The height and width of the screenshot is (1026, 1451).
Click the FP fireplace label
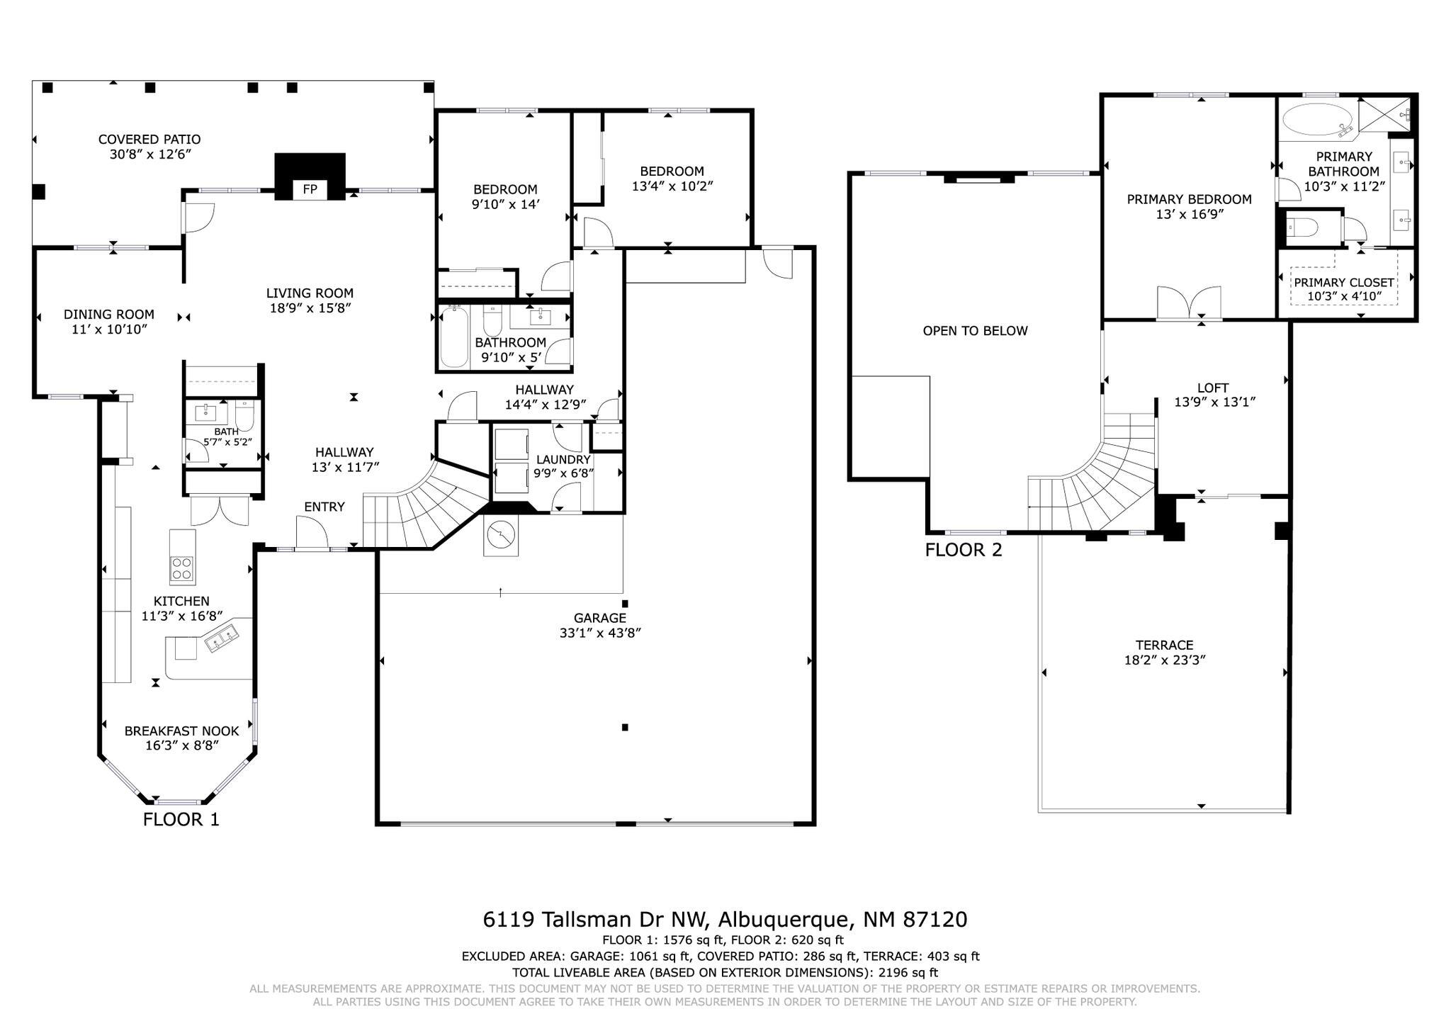point(310,189)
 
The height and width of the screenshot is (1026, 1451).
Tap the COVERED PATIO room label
point(149,140)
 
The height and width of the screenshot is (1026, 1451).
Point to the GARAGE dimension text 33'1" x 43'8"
point(600,633)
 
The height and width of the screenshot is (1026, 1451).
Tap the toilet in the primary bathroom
point(1302,228)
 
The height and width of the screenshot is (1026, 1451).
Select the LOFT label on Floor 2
point(1213,388)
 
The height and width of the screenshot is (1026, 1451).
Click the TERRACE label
point(1164,645)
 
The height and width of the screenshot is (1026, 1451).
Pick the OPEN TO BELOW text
point(975,331)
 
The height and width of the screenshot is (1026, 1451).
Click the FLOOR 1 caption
point(181,820)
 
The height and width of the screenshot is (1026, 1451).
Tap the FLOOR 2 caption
point(964,550)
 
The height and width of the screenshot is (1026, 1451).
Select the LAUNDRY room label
point(563,460)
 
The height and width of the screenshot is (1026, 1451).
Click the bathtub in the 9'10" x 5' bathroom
point(454,337)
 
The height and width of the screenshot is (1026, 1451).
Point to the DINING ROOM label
point(109,314)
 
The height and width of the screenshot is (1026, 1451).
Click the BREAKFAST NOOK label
point(182,731)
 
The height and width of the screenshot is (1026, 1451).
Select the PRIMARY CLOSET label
point(1344,282)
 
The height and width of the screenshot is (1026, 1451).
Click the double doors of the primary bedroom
point(1189,303)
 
